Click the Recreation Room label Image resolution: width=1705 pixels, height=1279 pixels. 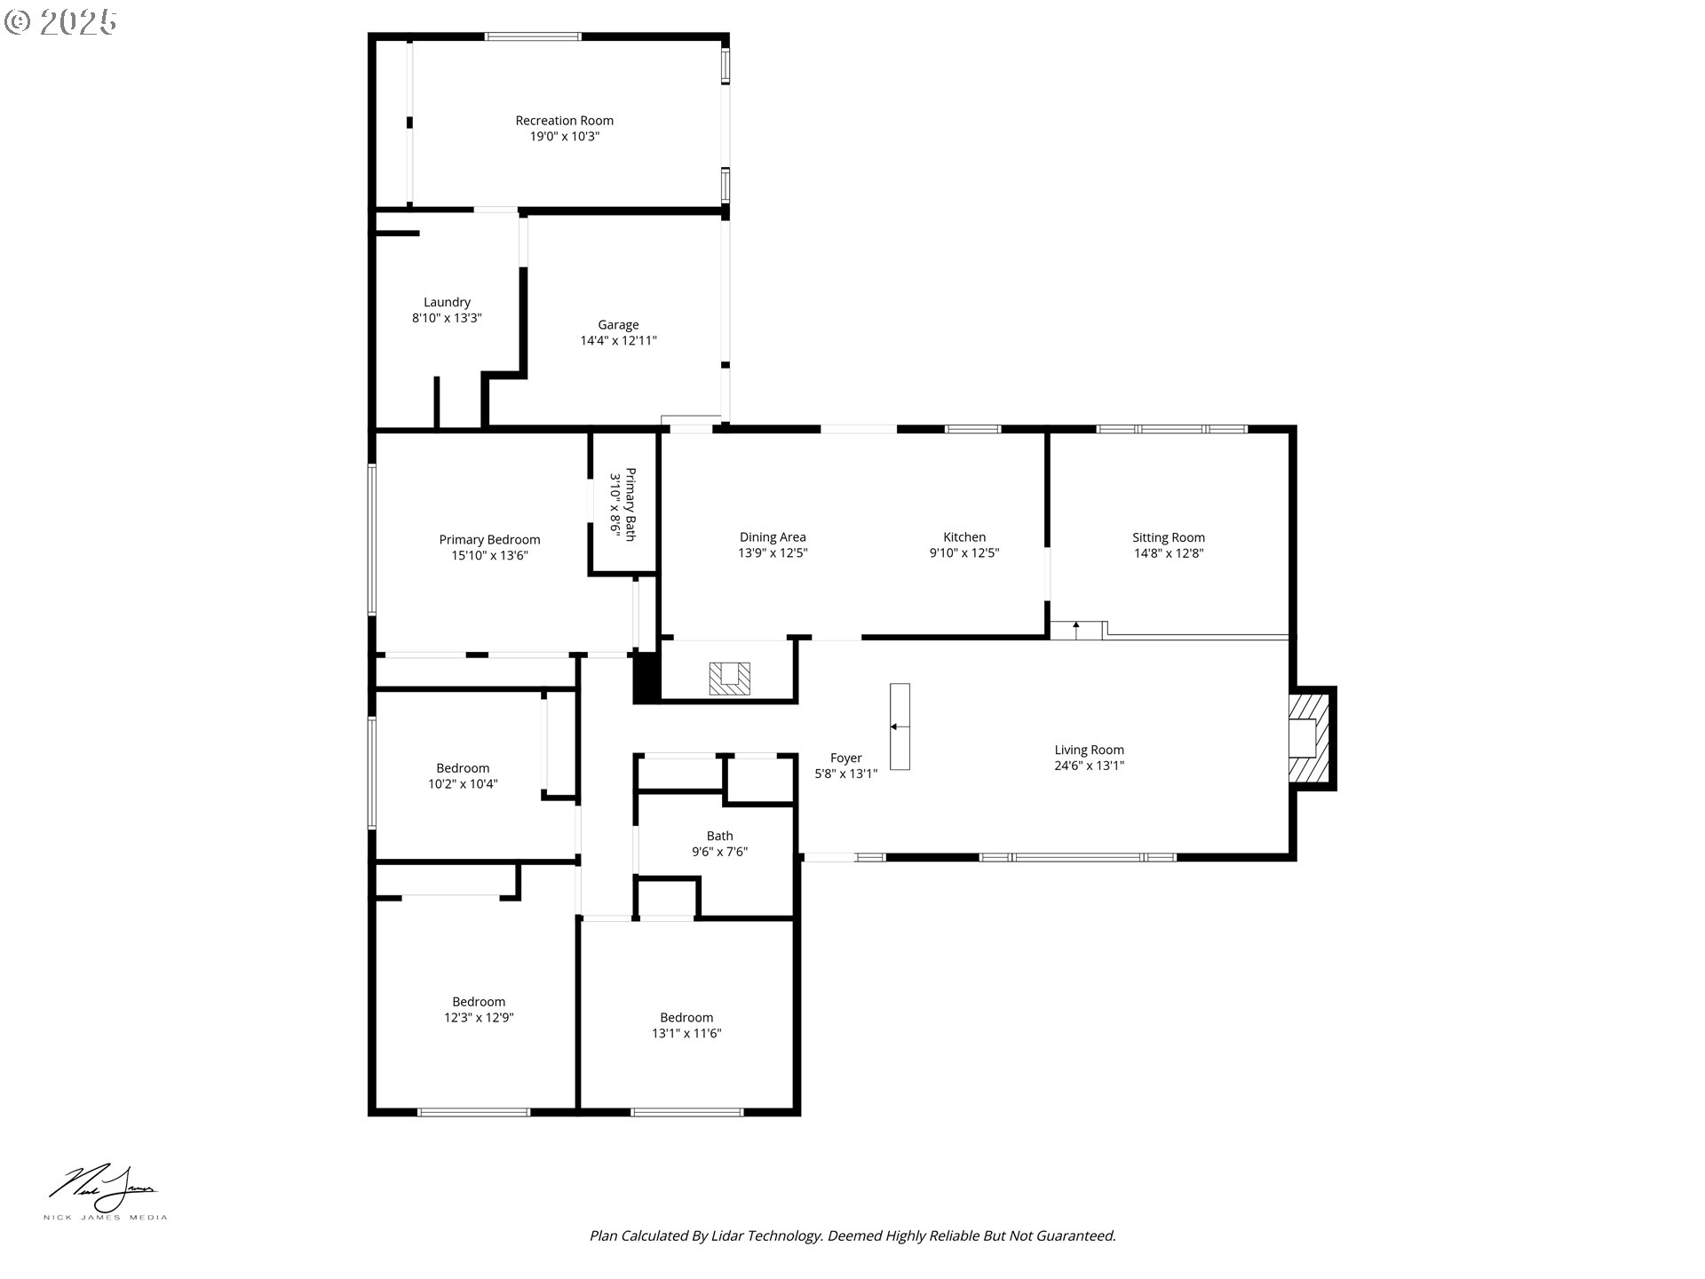(565, 121)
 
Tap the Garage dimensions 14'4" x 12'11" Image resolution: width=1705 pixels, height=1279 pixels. (618, 341)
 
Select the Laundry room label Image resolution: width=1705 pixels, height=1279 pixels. (447, 302)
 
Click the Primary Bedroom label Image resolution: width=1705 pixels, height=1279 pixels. (489, 540)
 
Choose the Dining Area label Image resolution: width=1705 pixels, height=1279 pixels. (773, 537)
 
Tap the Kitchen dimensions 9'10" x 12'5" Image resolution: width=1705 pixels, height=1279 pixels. (964, 553)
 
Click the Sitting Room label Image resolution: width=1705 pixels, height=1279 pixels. (1169, 537)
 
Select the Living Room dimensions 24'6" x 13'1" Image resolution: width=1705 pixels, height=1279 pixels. (1090, 766)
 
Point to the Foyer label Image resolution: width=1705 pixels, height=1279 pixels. (846, 758)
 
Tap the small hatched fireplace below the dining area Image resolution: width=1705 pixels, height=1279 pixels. (729, 679)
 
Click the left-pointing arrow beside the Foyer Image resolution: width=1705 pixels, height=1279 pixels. (900, 727)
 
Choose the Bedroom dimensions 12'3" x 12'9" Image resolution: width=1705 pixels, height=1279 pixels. (479, 1018)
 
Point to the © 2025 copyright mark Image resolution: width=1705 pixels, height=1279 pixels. (60, 22)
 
